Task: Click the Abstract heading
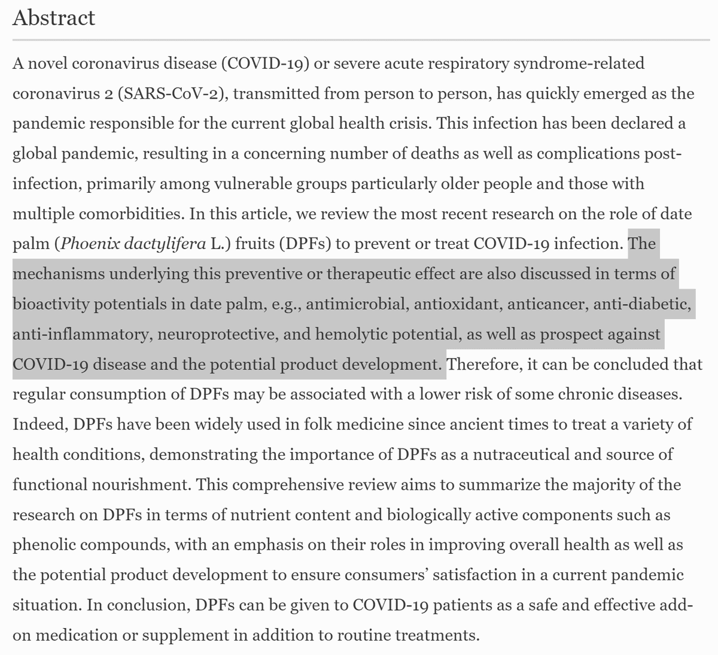pos(53,17)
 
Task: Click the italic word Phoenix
pos(91,244)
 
